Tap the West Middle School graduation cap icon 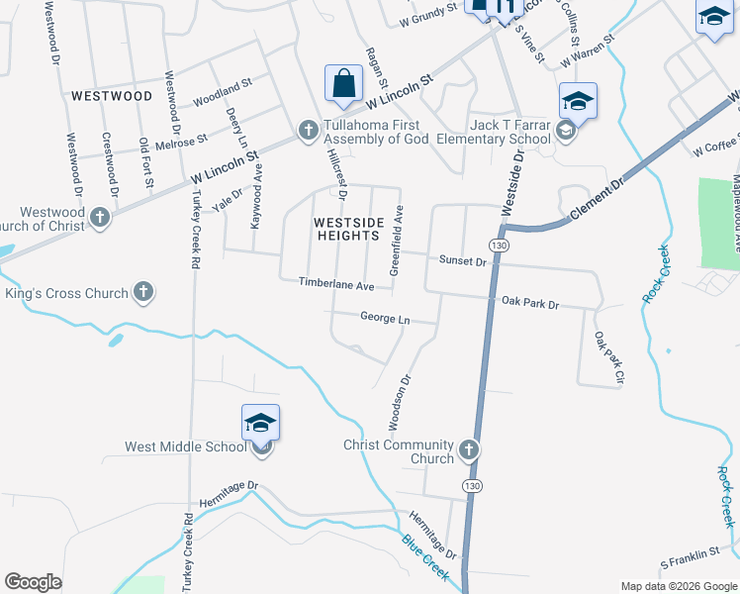click(x=260, y=424)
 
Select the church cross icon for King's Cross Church click(x=143, y=292)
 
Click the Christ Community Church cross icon click(x=469, y=450)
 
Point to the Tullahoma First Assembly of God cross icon click(x=308, y=130)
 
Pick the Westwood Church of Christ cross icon click(x=99, y=217)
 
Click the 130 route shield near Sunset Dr click(x=499, y=245)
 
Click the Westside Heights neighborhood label click(x=346, y=229)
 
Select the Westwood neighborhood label click(x=112, y=96)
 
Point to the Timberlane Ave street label click(x=336, y=284)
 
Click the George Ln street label click(x=385, y=319)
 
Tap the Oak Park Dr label click(x=530, y=303)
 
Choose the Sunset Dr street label click(x=463, y=261)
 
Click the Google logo click(x=33, y=582)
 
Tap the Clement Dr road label click(x=600, y=199)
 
